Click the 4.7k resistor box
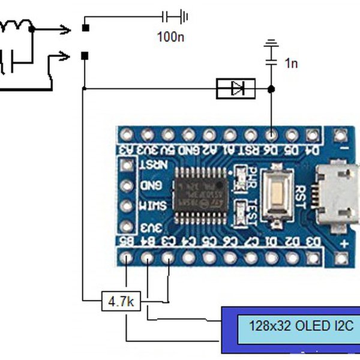pyautogui.click(x=121, y=301)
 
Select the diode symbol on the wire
pyautogui.click(x=236, y=89)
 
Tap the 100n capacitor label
pyautogui.click(x=171, y=37)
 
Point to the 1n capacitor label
pyautogui.click(x=290, y=63)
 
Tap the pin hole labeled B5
pyautogui.click(x=127, y=259)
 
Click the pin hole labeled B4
pyautogui.click(x=148, y=259)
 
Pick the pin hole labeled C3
pyautogui.click(x=169, y=259)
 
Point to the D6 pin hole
pyautogui.click(x=271, y=134)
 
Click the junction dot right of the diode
pyautogui.click(x=271, y=89)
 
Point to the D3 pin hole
pyautogui.click(x=311, y=259)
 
